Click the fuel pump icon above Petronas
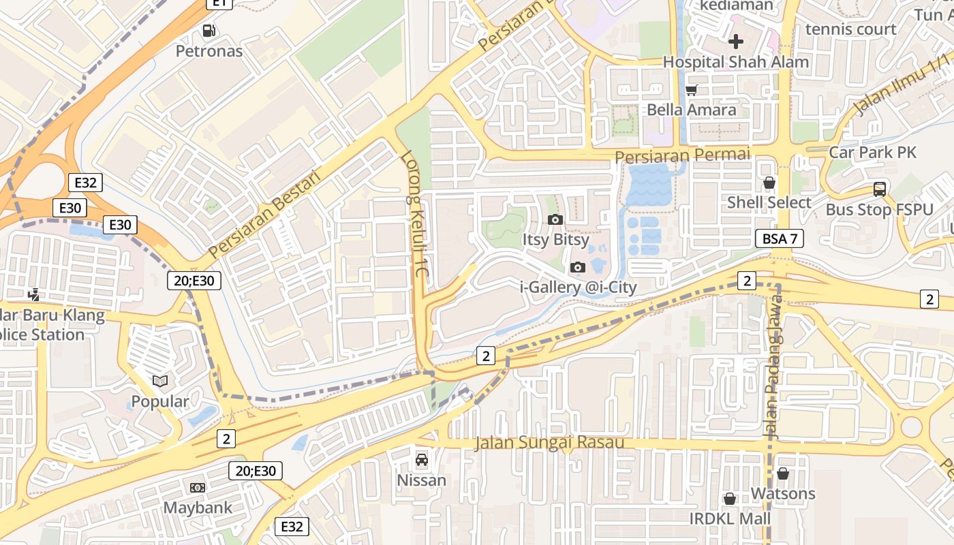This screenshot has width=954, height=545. (209, 31)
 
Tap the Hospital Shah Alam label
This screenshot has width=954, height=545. (735, 62)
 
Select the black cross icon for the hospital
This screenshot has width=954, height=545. (735, 42)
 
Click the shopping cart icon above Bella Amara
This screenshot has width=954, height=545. (691, 90)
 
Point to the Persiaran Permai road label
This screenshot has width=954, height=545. (682, 155)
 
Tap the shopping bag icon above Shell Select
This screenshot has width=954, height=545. (769, 183)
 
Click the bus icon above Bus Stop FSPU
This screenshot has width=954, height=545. (880, 189)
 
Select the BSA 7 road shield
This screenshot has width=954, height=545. (780, 238)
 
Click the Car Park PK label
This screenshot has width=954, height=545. (872, 152)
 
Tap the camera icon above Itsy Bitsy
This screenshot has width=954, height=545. (555, 219)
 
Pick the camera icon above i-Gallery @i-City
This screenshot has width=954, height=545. (578, 267)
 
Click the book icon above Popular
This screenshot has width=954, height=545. (160, 381)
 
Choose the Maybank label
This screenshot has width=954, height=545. (198, 508)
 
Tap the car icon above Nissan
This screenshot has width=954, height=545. (422, 460)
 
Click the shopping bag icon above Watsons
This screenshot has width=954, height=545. (783, 473)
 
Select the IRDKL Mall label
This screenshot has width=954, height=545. (730, 518)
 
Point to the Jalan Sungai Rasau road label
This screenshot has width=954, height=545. (549, 443)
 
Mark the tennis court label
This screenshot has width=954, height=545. (850, 29)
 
